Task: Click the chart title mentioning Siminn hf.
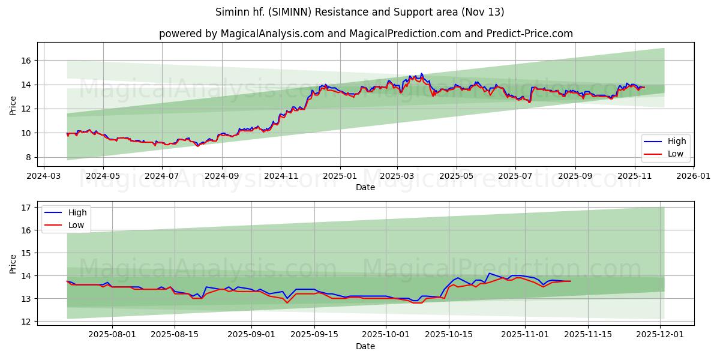(360, 12)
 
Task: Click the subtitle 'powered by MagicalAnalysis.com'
(365, 34)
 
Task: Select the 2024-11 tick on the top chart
(281, 176)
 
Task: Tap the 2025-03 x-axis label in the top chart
(397, 176)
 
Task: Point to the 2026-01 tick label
(693, 176)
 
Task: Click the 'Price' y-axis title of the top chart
(13, 105)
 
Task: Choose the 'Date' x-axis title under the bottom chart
(365, 346)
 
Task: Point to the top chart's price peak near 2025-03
(421, 74)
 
